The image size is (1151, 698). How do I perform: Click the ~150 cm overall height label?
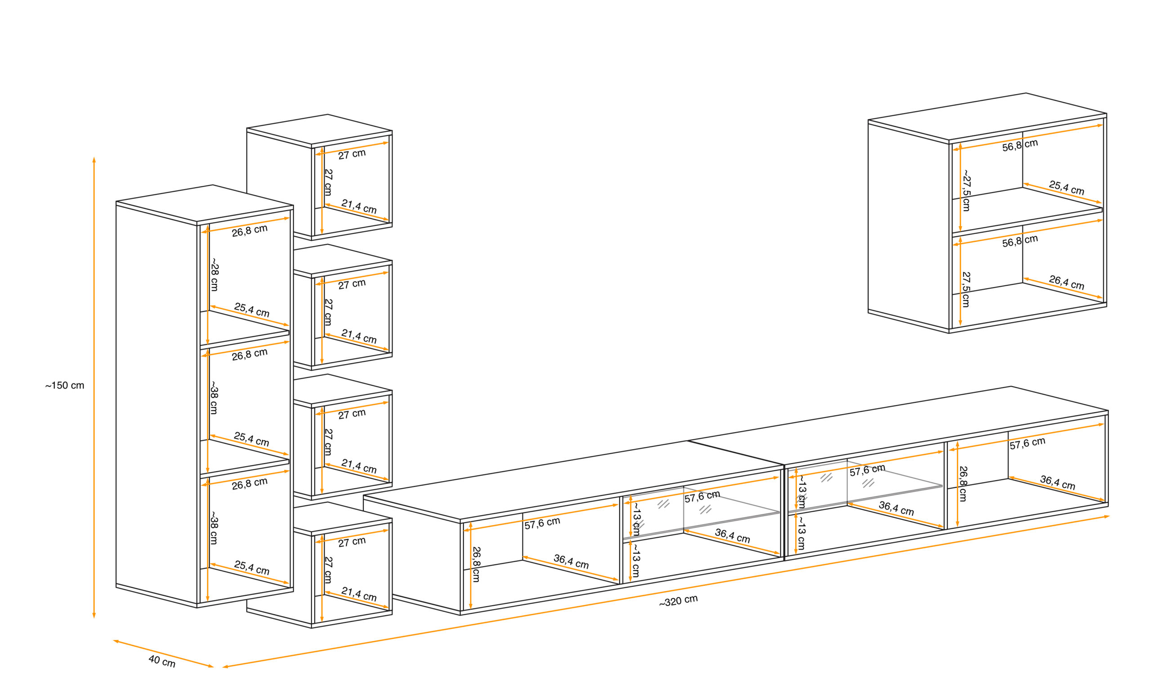64,386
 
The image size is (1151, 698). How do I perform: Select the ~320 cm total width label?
678,601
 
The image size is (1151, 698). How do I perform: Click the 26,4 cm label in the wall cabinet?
1066,282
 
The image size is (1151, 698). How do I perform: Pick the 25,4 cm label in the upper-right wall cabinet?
1066,188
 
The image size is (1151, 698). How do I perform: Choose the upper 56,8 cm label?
1020,145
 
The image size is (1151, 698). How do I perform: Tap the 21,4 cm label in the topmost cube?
359,206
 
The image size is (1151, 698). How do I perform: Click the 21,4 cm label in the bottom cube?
359,594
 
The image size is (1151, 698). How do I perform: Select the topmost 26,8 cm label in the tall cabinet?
250,230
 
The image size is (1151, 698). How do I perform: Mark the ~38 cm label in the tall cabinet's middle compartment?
214,397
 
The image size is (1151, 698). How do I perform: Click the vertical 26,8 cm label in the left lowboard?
476,564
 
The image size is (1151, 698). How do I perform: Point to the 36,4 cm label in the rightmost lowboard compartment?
1057,482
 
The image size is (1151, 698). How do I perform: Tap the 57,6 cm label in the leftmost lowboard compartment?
542,523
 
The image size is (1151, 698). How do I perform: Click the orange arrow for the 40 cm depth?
164,653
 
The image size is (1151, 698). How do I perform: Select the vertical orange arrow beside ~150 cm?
94,387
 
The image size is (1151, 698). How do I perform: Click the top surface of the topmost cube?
320,130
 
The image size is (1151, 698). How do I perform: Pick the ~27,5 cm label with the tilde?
966,190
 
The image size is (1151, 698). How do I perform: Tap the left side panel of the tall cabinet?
156,405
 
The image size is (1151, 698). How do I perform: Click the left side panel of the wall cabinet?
909,226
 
